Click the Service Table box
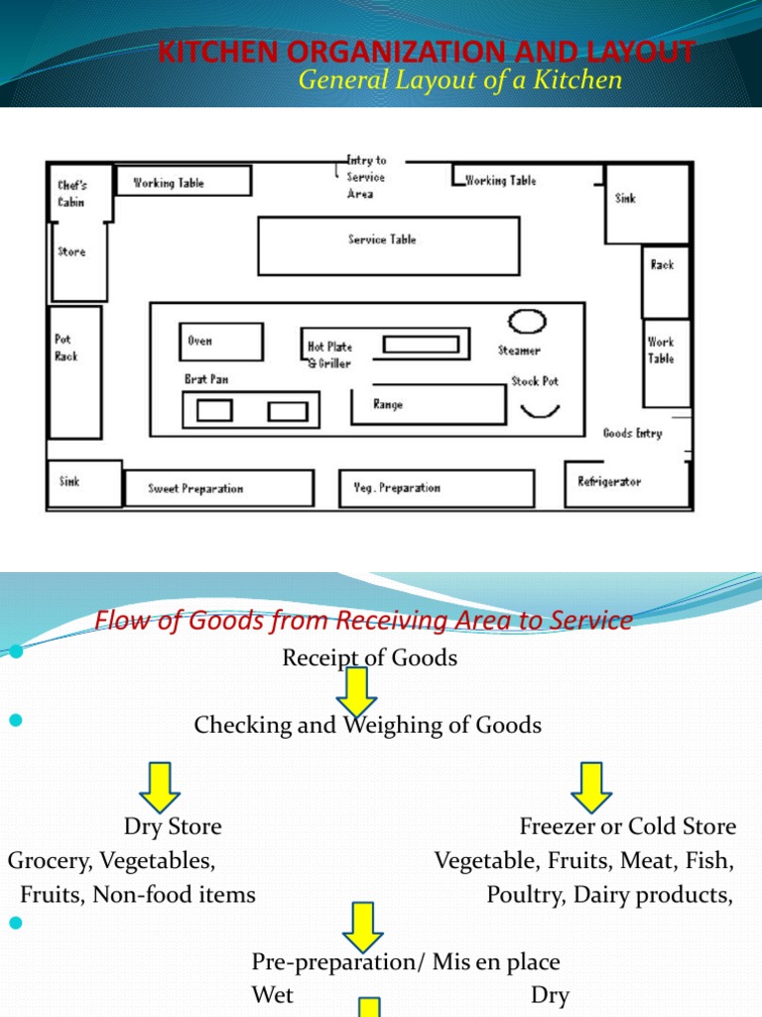(388, 245)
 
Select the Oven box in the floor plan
(221, 341)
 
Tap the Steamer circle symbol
(527, 322)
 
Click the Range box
(428, 404)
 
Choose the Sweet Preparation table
(218, 488)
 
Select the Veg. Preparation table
(437, 488)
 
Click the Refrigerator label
(609, 482)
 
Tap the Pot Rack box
(75, 372)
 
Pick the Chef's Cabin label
(71, 193)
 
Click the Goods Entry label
(632, 433)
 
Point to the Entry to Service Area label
(365, 177)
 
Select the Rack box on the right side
(665, 282)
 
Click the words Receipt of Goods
(369, 657)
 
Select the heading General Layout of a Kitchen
(460, 80)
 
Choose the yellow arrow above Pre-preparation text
(362, 927)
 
